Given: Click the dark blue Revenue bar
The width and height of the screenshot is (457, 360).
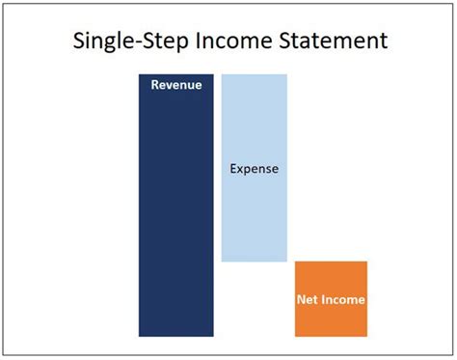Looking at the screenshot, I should click(175, 212).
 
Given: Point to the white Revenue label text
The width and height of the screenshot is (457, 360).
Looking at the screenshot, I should click(175, 85).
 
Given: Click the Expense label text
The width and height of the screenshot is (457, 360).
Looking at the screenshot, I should click(254, 169).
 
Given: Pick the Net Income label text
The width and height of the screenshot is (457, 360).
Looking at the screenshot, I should click(331, 300).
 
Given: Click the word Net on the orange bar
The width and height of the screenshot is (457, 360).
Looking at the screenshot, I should click(308, 300).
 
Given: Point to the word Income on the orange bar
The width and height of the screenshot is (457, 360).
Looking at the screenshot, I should click(343, 300).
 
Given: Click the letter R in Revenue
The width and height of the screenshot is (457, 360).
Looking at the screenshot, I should click(154, 85).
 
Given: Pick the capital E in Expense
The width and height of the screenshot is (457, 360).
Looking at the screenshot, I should click(233, 169).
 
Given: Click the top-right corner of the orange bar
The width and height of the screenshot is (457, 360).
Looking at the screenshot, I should click(367, 262).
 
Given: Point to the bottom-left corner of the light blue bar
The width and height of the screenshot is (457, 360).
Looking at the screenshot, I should click(222, 261).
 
